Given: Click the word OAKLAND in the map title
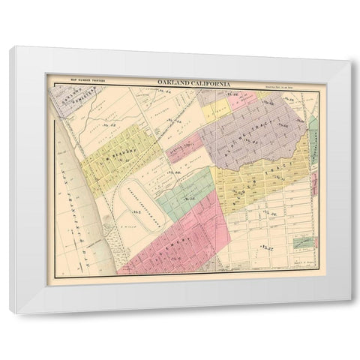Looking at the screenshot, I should (x=173, y=82).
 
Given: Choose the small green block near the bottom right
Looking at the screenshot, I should (x=304, y=241).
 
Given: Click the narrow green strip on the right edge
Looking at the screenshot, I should (x=313, y=135).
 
